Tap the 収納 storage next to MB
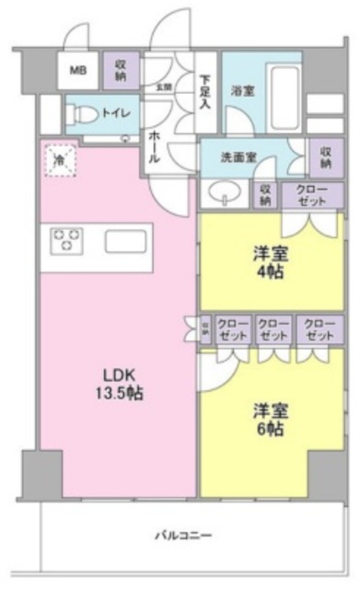121,68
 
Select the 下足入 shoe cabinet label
207,90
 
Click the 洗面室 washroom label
242,156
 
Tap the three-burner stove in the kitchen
66,240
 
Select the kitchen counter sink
123,241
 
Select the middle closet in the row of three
273,329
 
